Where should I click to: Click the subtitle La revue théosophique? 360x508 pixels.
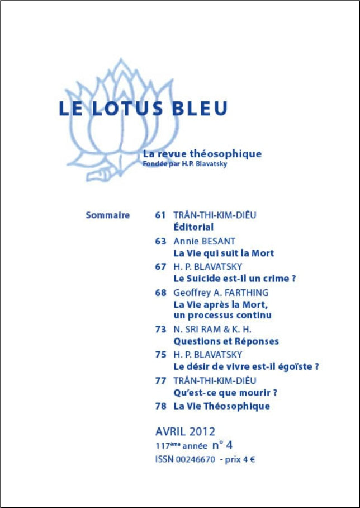pyautogui.click(x=202, y=153)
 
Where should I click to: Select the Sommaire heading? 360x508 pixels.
pyautogui.click(x=107, y=215)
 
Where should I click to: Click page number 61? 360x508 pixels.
pyautogui.click(x=160, y=215)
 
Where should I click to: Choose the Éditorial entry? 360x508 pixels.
pyautogui.click(x=193, y=227)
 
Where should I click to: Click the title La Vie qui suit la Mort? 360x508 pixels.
pyautogui.click(x=224, y=253)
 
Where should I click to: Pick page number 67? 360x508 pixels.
pyautogui.click(x=160, y=266)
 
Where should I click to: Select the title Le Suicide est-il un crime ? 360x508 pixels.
pyautogui.click(x=234, y=278)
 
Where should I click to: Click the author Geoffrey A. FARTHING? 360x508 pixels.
pyautogui.click(x=221, y=293)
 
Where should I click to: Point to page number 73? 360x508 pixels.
pyautogui.click(x=160, y=330)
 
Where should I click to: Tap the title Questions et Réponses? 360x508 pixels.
pyautogui.click(x=226, y=341)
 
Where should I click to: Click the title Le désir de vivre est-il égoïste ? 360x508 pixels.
pyautogui.click(x=246, y=367)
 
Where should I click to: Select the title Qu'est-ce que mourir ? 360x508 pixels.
pyautogui.click(x=226, y=393)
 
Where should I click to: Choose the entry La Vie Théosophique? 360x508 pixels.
pyautogui.click(x=221, y=406)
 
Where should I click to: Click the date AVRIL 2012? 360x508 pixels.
pyautogui.click(x=185, y=431)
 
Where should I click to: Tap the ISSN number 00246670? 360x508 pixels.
pyautogui.click(x=195, y=459)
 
